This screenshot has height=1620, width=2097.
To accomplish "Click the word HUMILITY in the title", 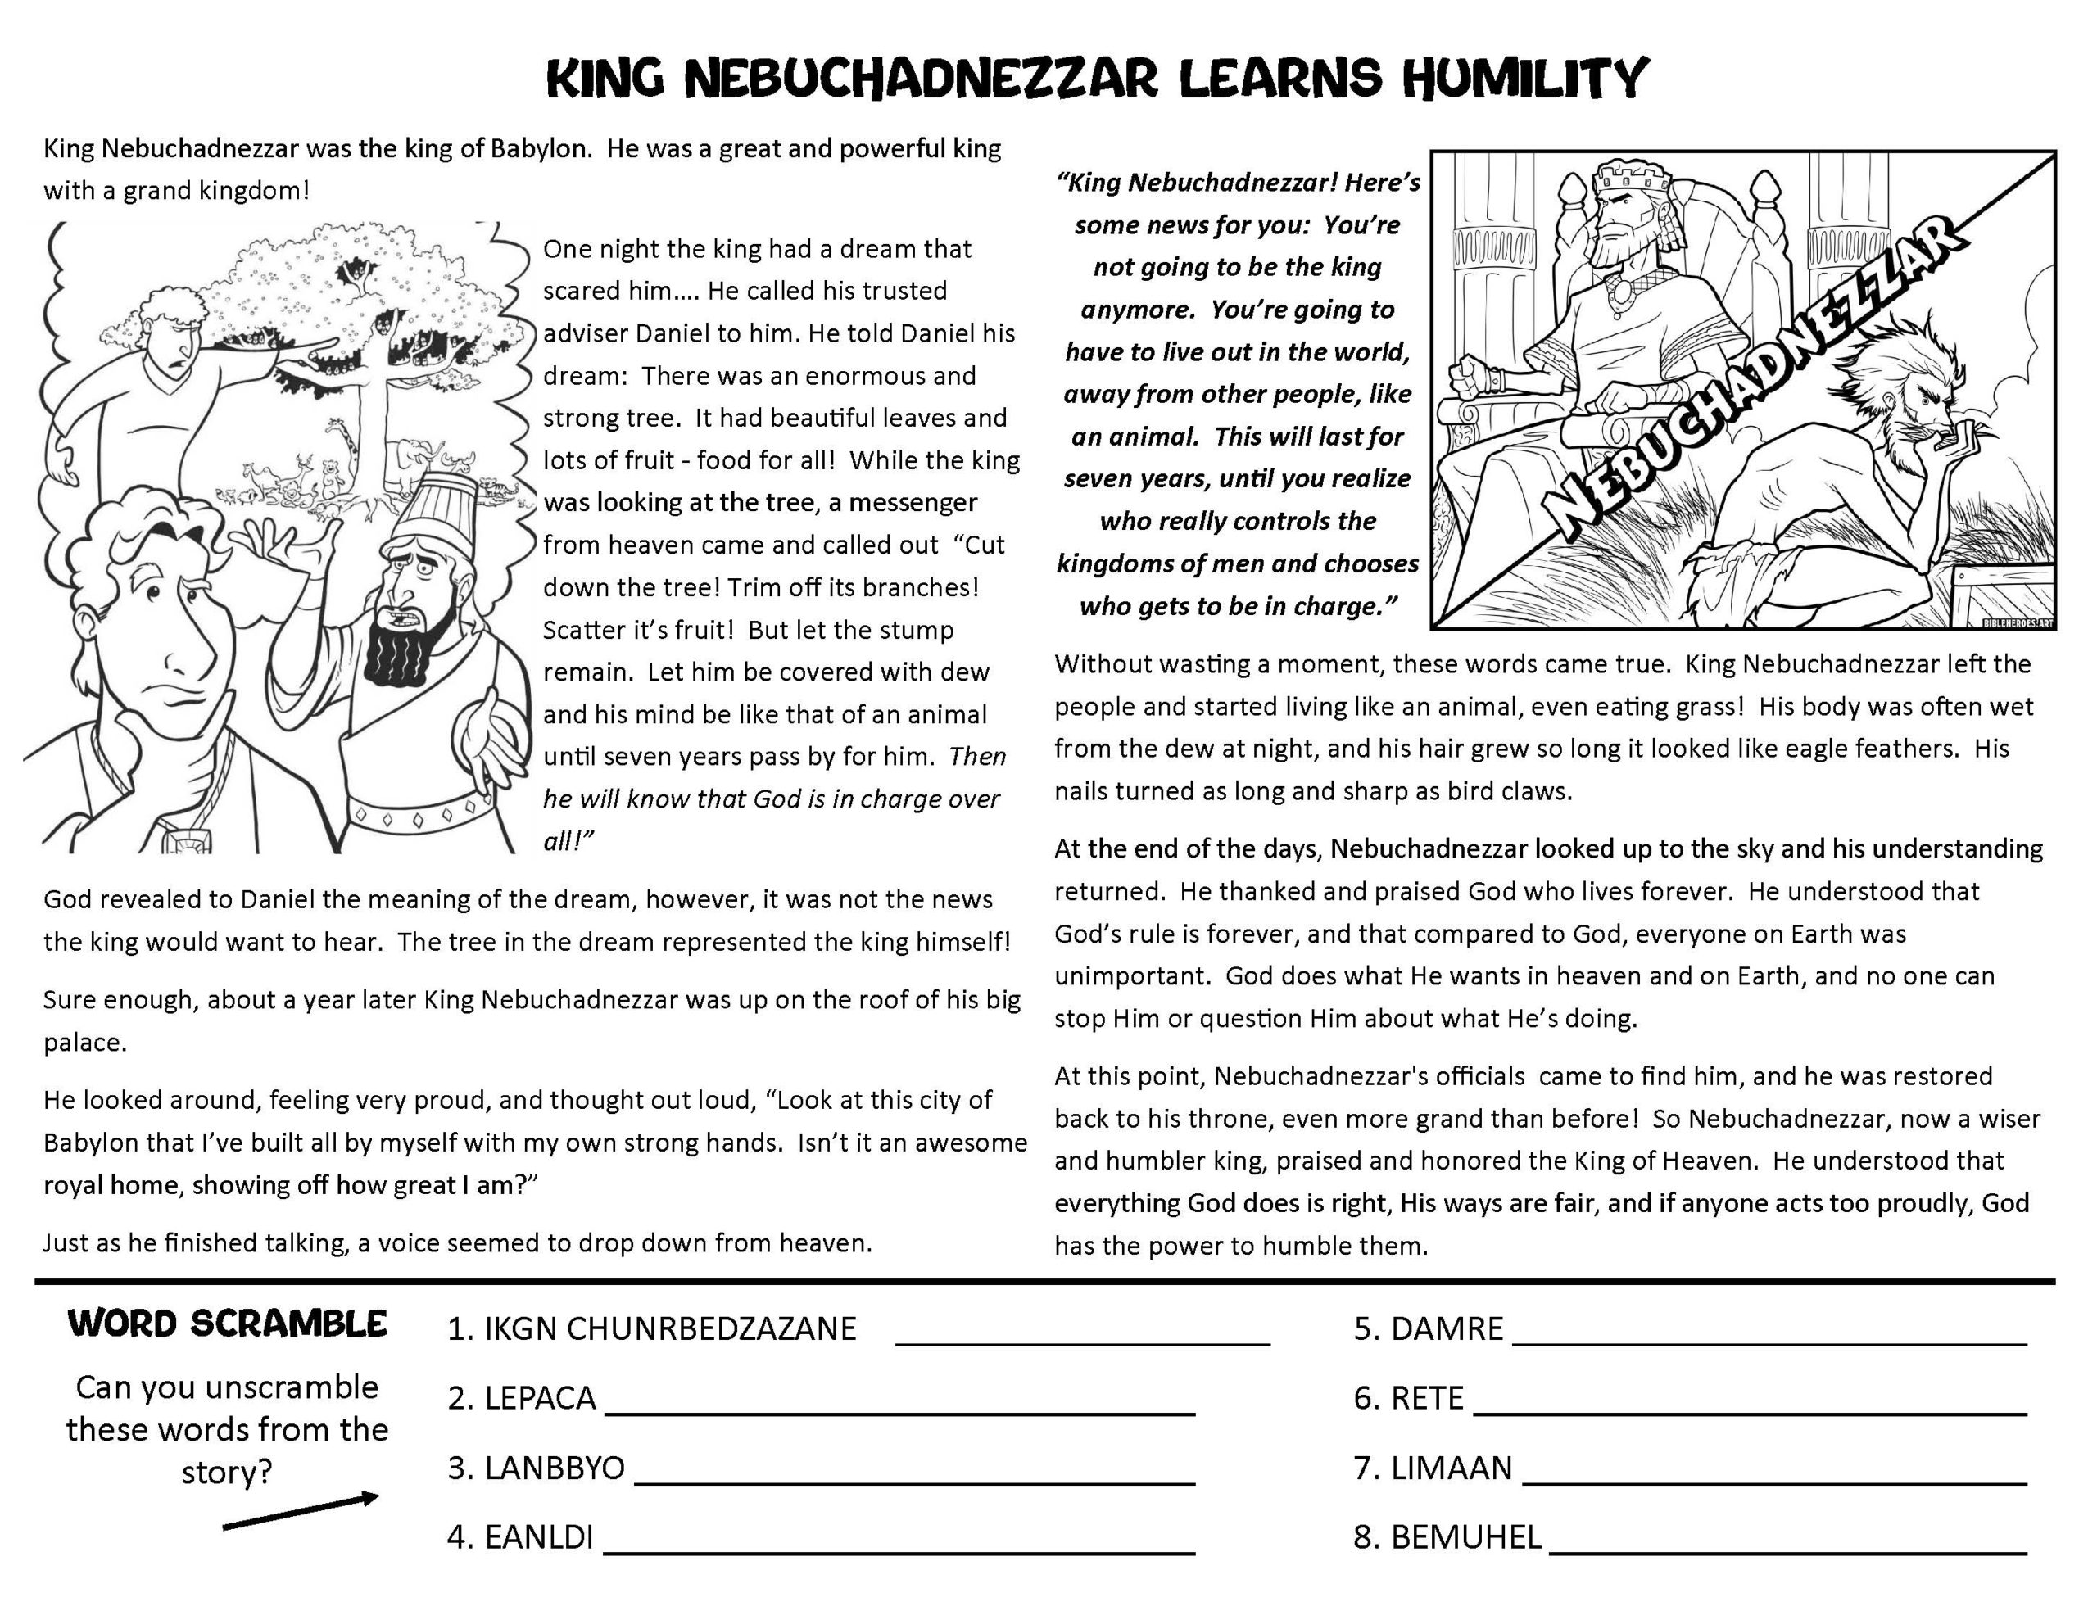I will [1524, 79].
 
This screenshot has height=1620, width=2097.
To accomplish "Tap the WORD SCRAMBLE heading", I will [228, 1324].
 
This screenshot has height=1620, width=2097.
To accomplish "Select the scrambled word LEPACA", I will [540, 1398].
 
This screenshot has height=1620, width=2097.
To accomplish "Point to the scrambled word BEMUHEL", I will [1465, 1537].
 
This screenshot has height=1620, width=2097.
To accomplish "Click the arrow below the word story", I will [300, 1510].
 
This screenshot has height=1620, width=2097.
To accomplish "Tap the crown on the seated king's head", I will [1633, 178].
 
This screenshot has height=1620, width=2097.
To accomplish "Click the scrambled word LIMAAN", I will [1451, 1468].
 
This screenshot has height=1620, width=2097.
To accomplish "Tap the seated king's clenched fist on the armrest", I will [1469, 377].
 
